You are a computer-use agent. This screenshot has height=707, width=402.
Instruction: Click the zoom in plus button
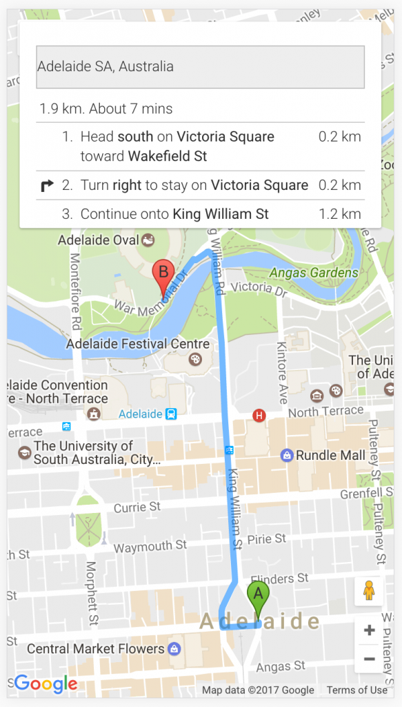(x=369, y=630)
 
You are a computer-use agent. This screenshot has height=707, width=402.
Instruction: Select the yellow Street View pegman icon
(x=369, y=591)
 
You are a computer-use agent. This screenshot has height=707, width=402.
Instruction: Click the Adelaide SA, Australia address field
(x=200, y=67)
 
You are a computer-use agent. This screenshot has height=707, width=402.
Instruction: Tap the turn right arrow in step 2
(x=48, y=185)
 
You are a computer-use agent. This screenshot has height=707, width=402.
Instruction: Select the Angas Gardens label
(x=314, y=273)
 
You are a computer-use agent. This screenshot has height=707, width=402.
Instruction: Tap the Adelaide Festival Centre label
(x=138, y=344)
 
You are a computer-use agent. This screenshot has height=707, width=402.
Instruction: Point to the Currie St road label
(x=137, y=507)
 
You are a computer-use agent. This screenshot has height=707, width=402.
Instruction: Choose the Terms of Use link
(x=356, y=690)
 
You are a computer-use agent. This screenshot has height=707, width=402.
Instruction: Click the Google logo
(x=46, y=684)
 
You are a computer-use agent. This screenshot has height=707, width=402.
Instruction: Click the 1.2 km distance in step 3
(x=339, y=214)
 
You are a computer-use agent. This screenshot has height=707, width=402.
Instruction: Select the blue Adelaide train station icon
(x=171, y=414)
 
